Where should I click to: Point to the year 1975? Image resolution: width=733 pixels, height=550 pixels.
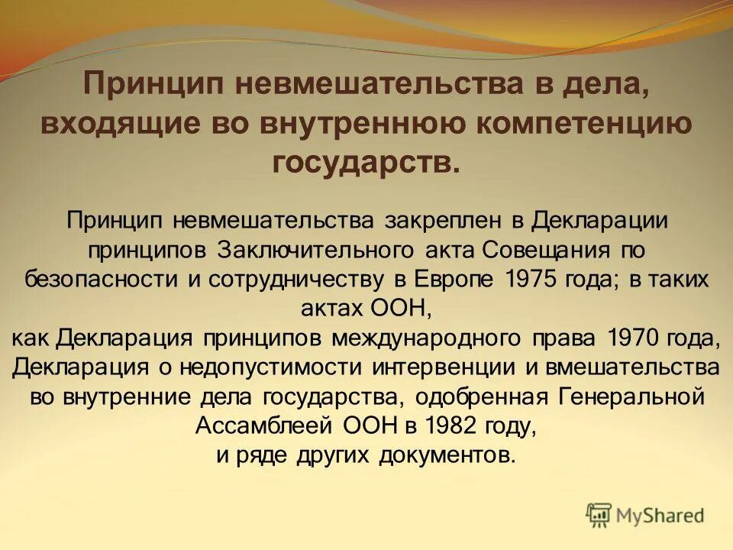528,279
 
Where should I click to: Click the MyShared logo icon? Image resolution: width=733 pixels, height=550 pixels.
599,514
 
